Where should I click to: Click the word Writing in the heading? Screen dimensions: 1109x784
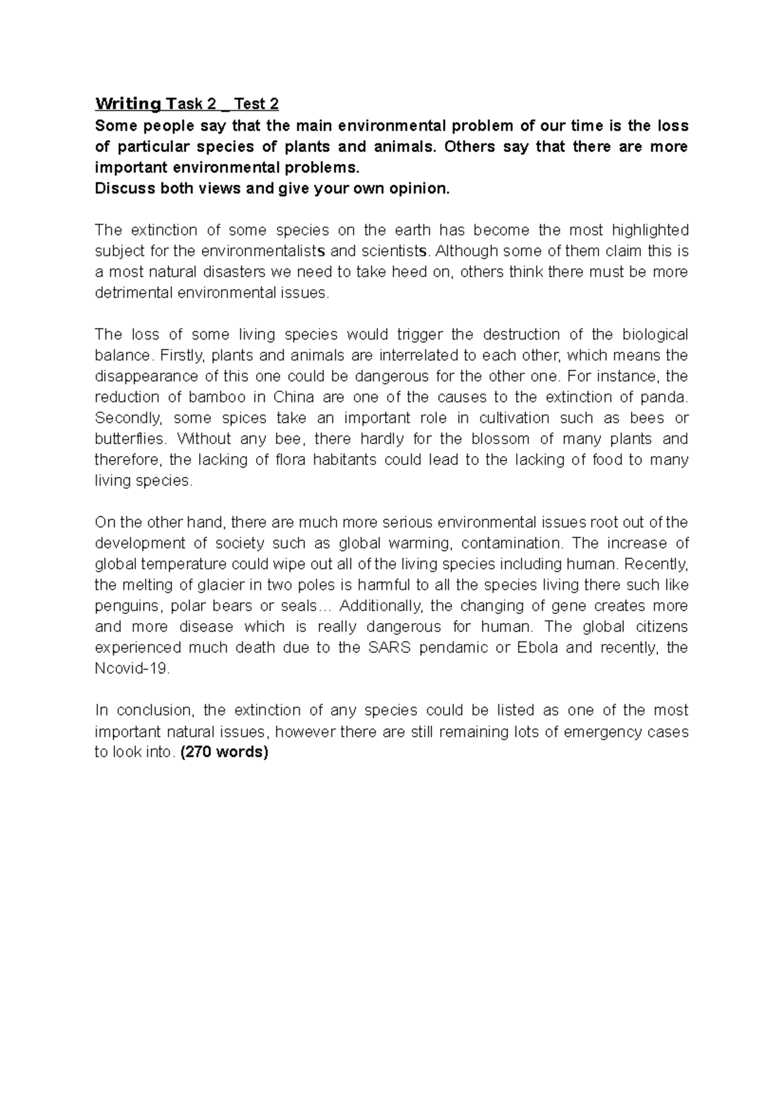[127, 104]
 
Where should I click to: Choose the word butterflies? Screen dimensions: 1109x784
[127, 439]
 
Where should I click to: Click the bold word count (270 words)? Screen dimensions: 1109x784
[224, 752]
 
